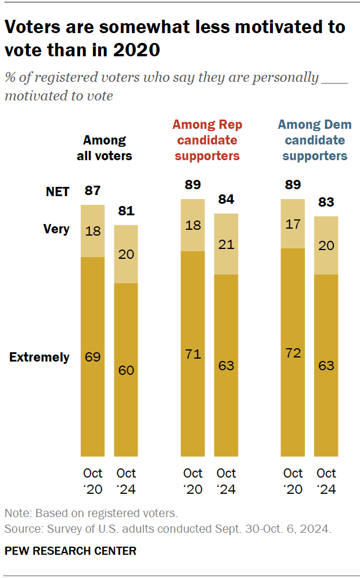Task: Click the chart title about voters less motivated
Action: [x=174, y=38]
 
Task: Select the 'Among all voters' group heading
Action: [x=104, y=147]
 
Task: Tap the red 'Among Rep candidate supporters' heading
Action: [x=207, y=140]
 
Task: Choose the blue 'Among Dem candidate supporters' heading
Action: [x=315, y=140]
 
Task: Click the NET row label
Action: [x=57, y=192]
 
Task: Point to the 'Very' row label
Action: [x=56, y=229]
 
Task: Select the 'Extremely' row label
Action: [x=39, y=357]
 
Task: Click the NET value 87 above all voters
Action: [x=92, y=190]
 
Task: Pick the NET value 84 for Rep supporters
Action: [x=226, y=200]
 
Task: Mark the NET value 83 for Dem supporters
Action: [x=326, y=203]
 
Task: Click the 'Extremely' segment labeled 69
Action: [x=92, y=356]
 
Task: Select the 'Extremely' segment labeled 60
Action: [x=125, y=370]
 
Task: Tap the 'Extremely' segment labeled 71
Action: [x=193, y=353]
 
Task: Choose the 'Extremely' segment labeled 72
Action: [x=293, y=352]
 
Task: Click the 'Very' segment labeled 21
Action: [x=226, y=244]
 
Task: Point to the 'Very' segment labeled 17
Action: [x=293, y=223]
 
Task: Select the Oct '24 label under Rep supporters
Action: [x=226, y=481]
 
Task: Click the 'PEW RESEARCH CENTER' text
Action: [x=70, y=551]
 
